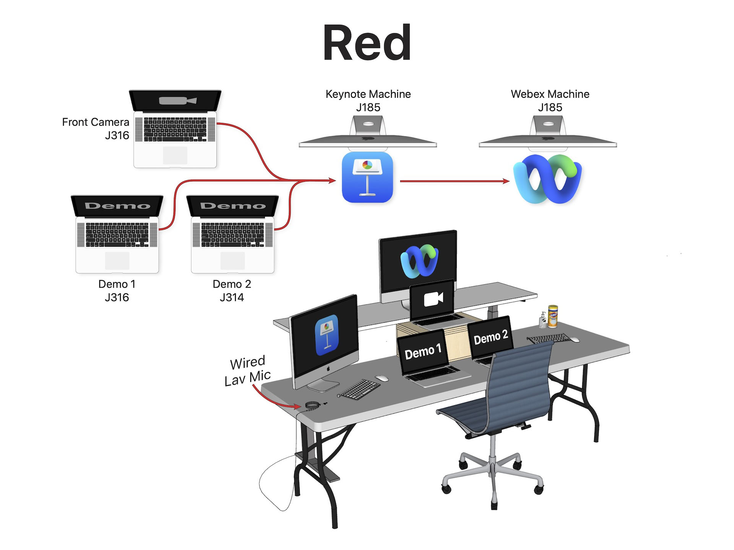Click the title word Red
(x=367, y=43)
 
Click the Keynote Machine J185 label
(x=368, y=100)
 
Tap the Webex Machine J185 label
(x=550, y=100)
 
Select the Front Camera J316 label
(x=96, y=128)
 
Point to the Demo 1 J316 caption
(x=117, y=290)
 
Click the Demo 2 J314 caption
(x=232, y=290)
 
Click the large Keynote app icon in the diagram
(x=367, y=177)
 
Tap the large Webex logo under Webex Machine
(x=547, y=179)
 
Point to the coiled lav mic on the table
(x=312, y=405)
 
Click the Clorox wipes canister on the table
(x=553, y=316)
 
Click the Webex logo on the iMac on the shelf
(x=419, y=261)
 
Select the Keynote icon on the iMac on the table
(x=326, y=335)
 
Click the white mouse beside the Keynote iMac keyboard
(x=382, y=379)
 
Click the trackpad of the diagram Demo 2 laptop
(x=232, y=260)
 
